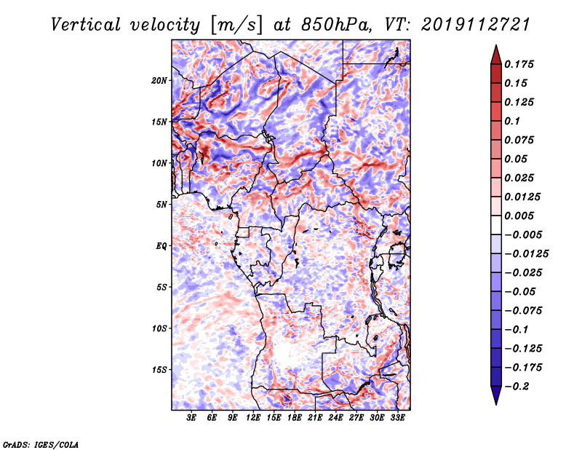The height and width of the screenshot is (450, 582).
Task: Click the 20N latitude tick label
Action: click(x=159, y=81)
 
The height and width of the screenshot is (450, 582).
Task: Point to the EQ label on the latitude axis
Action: click(x=161, y=246)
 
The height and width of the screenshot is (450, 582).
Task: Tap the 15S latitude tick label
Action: click(x=159, y=370)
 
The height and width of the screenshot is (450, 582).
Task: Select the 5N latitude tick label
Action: click(x=162, y=205)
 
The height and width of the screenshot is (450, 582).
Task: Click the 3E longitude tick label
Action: click(x=191, y=417)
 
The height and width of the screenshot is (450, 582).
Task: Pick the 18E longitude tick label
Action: click(x=295, y=417)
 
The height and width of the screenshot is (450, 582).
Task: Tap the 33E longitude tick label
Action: click(x=397, y=417)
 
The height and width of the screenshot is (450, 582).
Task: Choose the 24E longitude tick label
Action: click(x=335, y=417)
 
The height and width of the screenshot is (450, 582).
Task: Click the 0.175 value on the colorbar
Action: click(x=519, y=64)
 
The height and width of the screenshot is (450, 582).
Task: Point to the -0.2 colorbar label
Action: click(x=517, y=387)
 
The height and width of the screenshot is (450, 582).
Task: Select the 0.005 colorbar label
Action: click(x=519, y=216)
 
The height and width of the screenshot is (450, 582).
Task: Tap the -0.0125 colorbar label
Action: click(x=526, y=254)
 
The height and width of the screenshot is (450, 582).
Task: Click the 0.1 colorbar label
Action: click(x=512, y=121)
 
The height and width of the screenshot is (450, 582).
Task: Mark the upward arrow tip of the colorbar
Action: click(x=496, y=45)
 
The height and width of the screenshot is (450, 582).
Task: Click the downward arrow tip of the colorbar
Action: click(x=496, y=404)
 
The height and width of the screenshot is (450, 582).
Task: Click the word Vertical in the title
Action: click(x=86, y=25)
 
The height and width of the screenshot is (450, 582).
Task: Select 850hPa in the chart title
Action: click(x=336, y=25)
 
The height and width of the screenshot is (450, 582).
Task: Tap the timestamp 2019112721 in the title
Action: click(x=476, y=25)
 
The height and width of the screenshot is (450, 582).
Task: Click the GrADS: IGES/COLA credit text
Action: click(x=40, y=445)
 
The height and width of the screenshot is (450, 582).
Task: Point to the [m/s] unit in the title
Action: click(x=236, y=25)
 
